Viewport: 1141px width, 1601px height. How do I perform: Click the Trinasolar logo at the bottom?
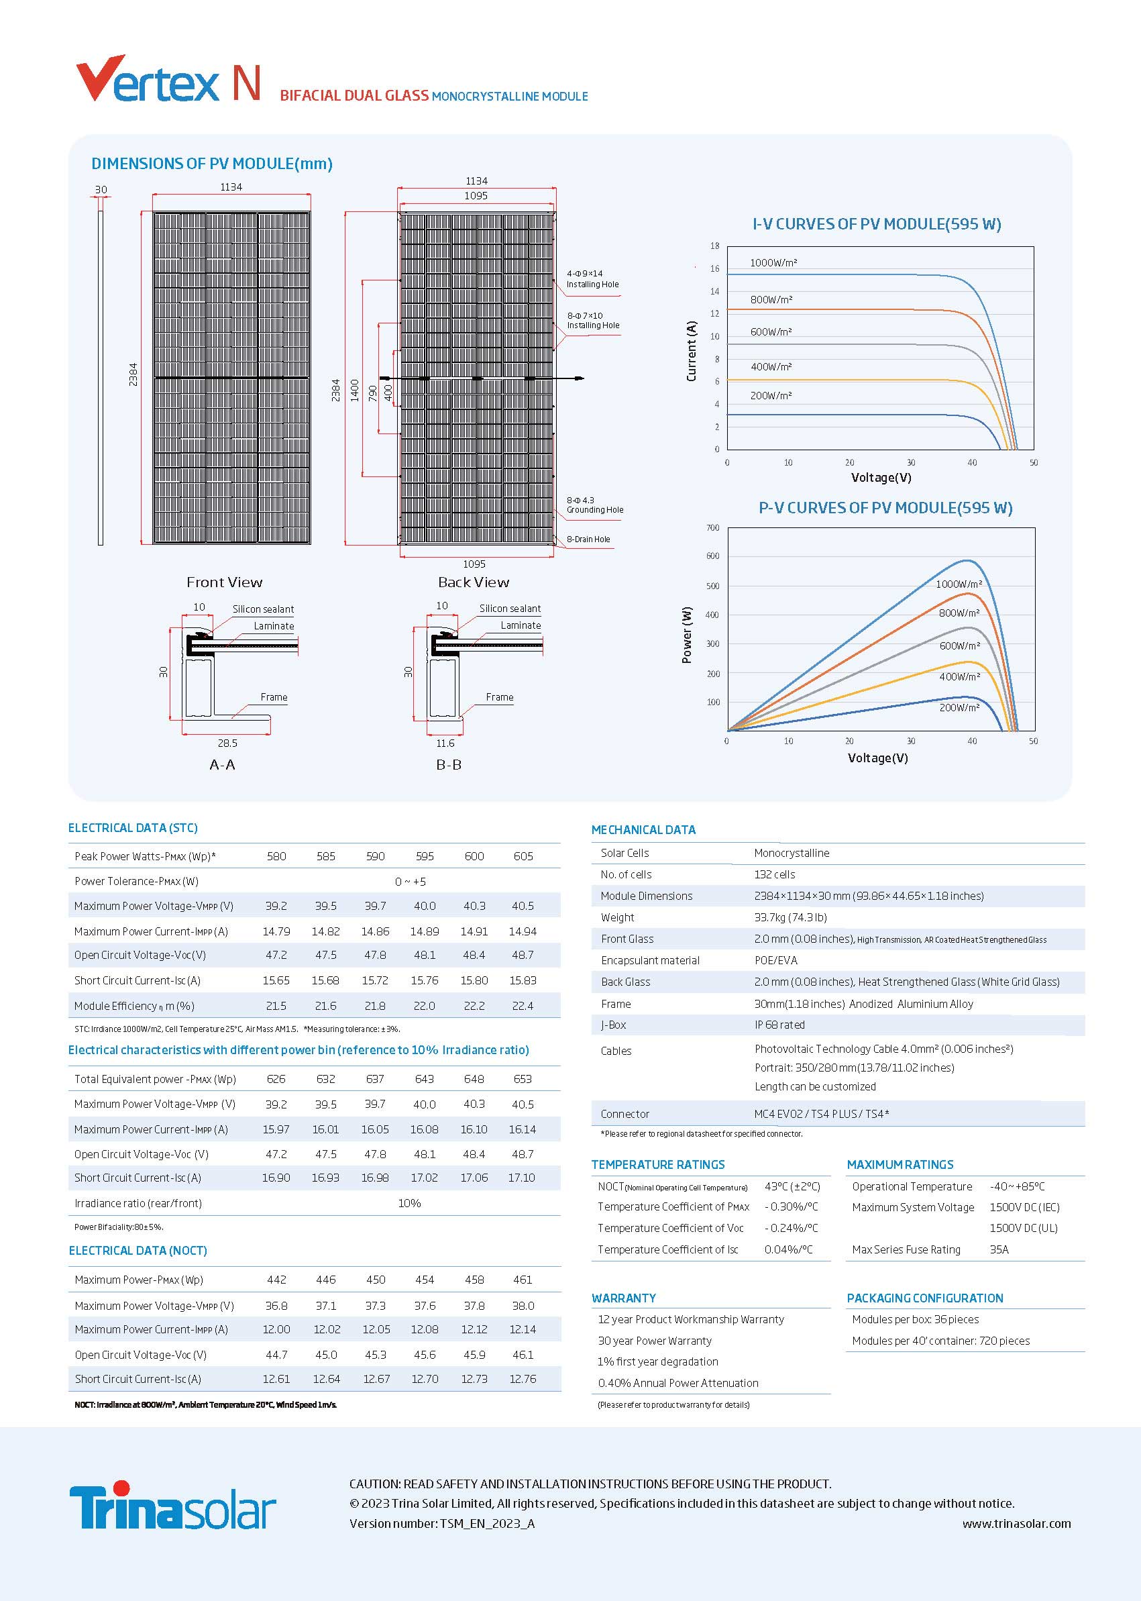172,1506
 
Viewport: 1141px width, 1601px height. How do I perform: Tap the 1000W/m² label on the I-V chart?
773,263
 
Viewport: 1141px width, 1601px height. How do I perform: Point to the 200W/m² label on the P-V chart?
959,707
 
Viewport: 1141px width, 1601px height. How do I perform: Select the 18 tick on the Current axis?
714,246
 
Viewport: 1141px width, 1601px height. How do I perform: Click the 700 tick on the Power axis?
712,528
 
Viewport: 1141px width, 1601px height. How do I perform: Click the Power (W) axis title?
687,635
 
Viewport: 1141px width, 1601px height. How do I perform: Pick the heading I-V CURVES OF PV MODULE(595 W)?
877,224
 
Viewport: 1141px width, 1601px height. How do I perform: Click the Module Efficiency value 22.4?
523,1006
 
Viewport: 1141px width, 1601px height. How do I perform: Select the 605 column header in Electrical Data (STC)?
523,856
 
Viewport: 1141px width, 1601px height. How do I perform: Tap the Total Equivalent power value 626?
276,1079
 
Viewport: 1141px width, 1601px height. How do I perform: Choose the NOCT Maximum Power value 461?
523,1280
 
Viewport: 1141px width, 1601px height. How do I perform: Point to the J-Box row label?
613,1025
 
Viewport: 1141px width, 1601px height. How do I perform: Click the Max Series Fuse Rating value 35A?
999,1249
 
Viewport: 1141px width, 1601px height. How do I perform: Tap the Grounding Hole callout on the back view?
595,505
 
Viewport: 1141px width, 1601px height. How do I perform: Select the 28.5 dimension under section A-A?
227,743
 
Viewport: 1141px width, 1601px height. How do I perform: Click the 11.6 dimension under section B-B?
445,743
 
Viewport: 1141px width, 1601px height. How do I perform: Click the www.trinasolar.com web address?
1017,1524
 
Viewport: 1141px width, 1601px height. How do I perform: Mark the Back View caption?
474,582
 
